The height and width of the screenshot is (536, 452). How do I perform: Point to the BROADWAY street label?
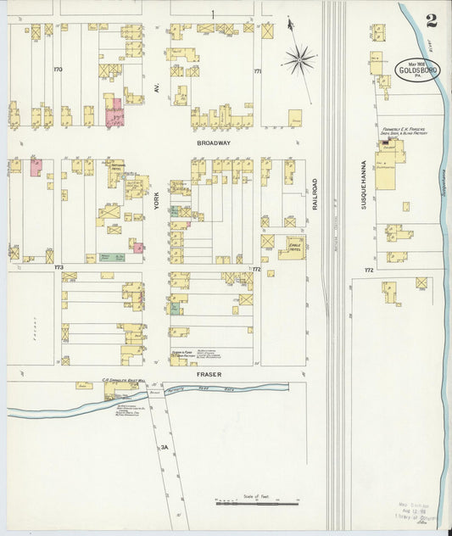click(x=214, y=143)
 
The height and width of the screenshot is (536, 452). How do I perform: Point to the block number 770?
click(x=59, y=69)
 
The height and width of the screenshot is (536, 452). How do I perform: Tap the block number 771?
click(x=257, y=72)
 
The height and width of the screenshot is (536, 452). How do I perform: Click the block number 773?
click(x=59, y=268)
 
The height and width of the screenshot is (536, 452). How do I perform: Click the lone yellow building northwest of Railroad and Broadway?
click(x=294, y=118)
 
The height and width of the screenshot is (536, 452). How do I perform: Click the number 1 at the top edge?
click(x=213, y=13)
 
